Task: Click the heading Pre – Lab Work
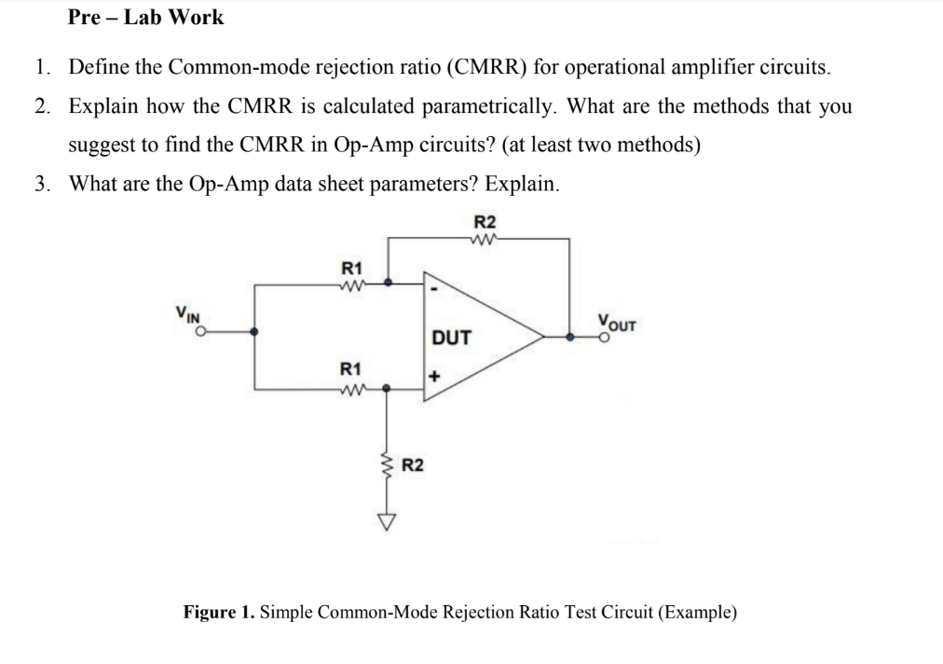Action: click(146, 17)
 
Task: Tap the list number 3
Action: click(43, 183)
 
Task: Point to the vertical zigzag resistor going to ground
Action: click(387, 466)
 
